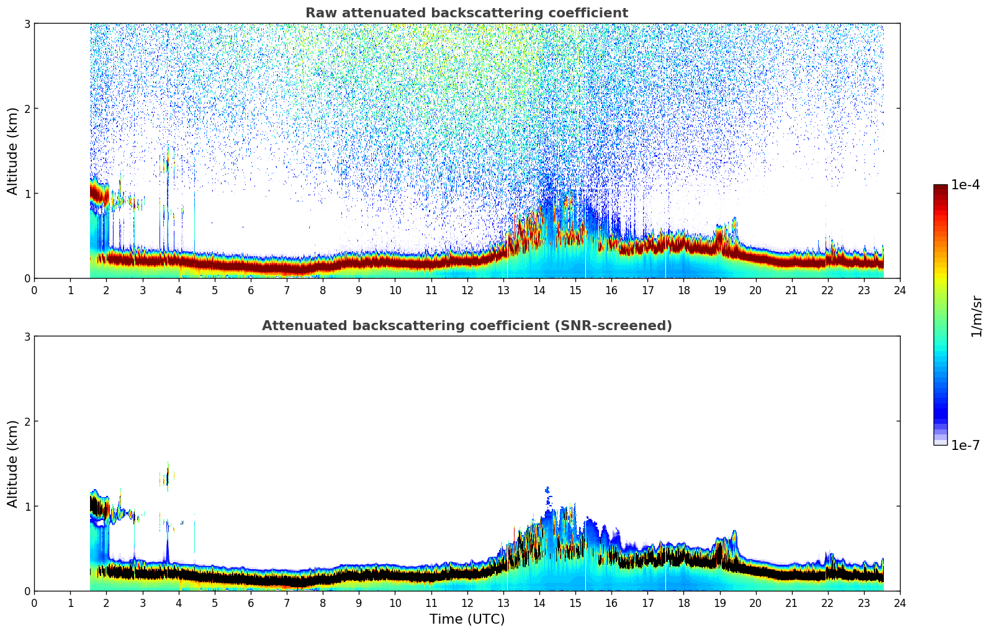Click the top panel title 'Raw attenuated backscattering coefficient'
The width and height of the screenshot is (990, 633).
click(x=466, y=13)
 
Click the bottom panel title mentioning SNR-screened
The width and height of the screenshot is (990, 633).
click(x=466, y=326)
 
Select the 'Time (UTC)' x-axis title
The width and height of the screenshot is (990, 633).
click(x=467, y=619)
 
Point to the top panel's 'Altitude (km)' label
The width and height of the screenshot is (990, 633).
click(x=13, y=151)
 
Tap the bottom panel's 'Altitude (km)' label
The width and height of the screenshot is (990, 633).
click(x=13, y=464)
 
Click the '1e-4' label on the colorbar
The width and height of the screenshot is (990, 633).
click(x=965, y=185)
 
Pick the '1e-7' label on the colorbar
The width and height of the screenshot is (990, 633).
click(x=965, y=445)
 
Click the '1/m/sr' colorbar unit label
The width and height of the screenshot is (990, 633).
click(x=976, y=315)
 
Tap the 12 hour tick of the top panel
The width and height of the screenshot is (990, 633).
click(x=467, y=290)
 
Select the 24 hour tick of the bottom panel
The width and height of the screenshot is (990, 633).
click(x=899, y=603)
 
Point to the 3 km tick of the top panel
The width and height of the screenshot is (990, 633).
click(x=27, y=24)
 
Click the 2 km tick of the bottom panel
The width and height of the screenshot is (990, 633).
click(x=27, y=421)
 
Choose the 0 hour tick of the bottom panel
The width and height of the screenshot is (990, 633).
click(x=34, y=603)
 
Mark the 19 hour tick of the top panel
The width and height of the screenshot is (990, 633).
click(x=719, y=290)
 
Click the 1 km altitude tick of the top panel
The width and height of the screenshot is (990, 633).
click(x=27, y=194)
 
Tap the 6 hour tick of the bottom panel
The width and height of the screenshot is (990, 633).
click(x=251, y=603)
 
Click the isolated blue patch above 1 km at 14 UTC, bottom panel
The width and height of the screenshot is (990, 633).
click(x=547, y=490)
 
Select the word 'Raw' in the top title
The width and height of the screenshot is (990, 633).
click(x=318, y=13)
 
